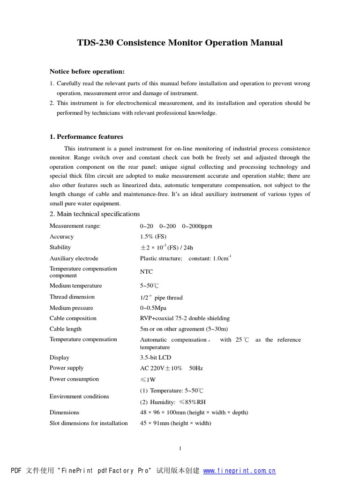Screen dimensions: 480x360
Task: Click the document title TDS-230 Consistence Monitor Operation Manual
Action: click(x=180, y=43)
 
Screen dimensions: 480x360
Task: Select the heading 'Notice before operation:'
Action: click(x=87, y=72)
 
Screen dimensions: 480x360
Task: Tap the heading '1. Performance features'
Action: click(x=86, y=137)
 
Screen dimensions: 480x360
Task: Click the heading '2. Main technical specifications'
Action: click(x=95, y=214)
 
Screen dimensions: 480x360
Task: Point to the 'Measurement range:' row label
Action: click(x=75, y=226)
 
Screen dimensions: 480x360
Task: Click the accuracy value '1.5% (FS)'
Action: click(x=153, y=237)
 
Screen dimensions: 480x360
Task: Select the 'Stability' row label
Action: click(x=60, y=247)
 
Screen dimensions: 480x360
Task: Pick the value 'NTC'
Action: click(x=146, y=272)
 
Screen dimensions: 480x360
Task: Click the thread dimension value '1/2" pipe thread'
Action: click(x=161, y=298)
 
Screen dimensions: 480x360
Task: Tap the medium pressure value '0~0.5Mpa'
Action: click(x=152, y=308)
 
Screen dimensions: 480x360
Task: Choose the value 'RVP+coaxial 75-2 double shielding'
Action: click(x=185, y=318)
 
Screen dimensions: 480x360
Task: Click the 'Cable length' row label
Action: click(x=66, y=329)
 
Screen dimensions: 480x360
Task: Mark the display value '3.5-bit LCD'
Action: click(x=156, y=358)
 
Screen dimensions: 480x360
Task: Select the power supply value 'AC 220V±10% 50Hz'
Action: click(x=171, y=368)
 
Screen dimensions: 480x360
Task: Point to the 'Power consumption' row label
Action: click(x=74, y=379)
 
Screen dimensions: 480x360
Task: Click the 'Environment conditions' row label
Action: click(x=79, y=397)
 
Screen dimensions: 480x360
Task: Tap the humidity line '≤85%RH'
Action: click(x=172, y=402)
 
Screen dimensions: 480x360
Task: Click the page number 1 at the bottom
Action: click(x=180, y=449)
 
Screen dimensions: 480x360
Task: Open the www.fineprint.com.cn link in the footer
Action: click(x=240, y=471)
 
